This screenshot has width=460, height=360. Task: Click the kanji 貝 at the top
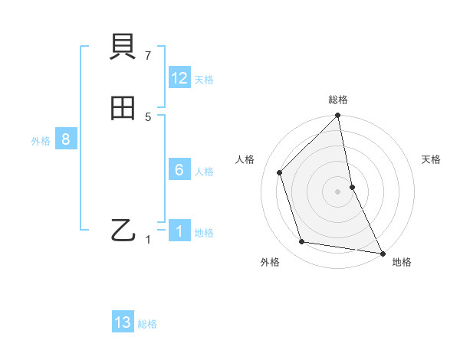123,49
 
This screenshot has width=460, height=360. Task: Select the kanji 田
123,109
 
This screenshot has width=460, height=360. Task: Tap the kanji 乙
123,230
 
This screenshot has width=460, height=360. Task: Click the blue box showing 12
179,78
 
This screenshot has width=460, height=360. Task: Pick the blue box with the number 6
179,170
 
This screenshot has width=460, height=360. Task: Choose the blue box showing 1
179,231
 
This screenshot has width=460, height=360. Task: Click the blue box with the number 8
66,139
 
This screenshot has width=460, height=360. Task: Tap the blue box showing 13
123,322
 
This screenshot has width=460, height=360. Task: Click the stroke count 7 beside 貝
148,55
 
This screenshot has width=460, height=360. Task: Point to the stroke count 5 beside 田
148,116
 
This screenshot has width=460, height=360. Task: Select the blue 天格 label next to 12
204,79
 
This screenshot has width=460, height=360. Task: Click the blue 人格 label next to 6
204,172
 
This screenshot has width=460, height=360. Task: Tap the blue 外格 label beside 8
41,141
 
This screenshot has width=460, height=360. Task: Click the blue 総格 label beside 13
147,324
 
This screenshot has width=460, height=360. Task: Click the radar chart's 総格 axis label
338,100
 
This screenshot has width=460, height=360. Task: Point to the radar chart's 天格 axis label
432,159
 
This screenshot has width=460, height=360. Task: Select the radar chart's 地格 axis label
402,262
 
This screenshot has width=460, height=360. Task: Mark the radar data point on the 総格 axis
338,116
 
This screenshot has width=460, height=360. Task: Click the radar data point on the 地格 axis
382,252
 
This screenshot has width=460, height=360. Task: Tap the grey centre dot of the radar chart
338,191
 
